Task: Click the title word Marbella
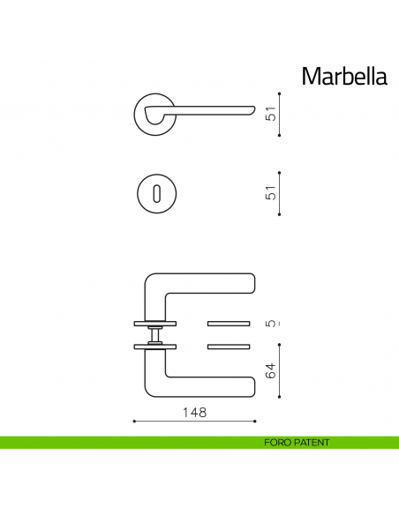click(344, 76)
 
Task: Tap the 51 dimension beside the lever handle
click(272, 114)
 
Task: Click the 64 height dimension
click(272, 371)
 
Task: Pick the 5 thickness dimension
click(272, 323)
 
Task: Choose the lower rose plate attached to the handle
click(155, 347)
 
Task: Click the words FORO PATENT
click(296, 443)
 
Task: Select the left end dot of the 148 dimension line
click(133, 422)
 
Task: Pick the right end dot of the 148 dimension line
click(257, 422)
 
